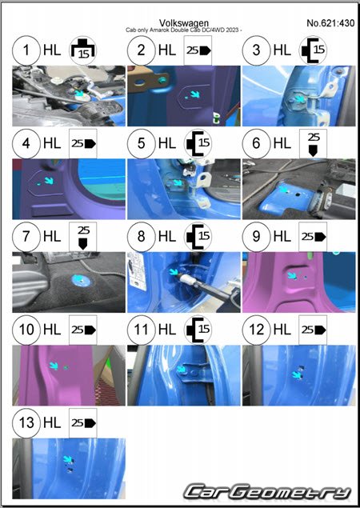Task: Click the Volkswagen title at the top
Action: point(184,23)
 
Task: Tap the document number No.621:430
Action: point(330,23)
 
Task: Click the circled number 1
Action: point(26,50)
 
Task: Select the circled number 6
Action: point(256,143)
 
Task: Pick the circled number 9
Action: point(256,237)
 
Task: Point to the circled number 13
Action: point(26,422)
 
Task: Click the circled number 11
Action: point(142,330)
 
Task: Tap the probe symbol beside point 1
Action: point(83,50)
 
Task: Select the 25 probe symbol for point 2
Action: point(198,50)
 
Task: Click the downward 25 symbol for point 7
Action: point(83,237)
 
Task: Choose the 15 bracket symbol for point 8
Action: point(198,237)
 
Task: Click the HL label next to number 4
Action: point(52,143)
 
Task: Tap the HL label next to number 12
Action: point(282,330)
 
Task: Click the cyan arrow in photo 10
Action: point(54,366)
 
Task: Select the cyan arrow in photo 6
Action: point(283,189)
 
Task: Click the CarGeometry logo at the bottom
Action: point(268,492)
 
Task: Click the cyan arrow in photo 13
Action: point(68,459)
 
